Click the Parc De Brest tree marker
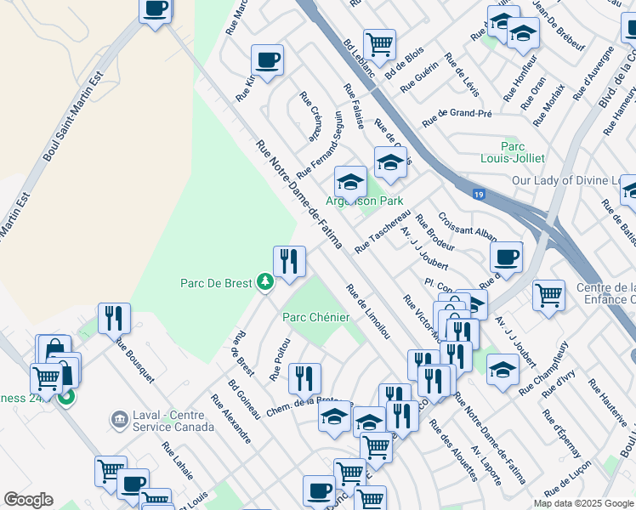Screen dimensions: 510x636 265,281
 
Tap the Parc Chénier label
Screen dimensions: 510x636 315,317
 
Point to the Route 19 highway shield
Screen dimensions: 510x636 480,195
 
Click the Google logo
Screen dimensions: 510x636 28,500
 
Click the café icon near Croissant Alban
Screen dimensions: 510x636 506,257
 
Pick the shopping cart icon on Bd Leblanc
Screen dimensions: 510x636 379,44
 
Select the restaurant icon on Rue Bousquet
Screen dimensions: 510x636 114,319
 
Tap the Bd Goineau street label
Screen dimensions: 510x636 244,399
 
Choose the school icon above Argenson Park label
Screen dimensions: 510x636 349,181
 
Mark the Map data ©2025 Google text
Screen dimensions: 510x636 582,503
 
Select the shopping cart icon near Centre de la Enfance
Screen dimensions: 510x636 548,296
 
